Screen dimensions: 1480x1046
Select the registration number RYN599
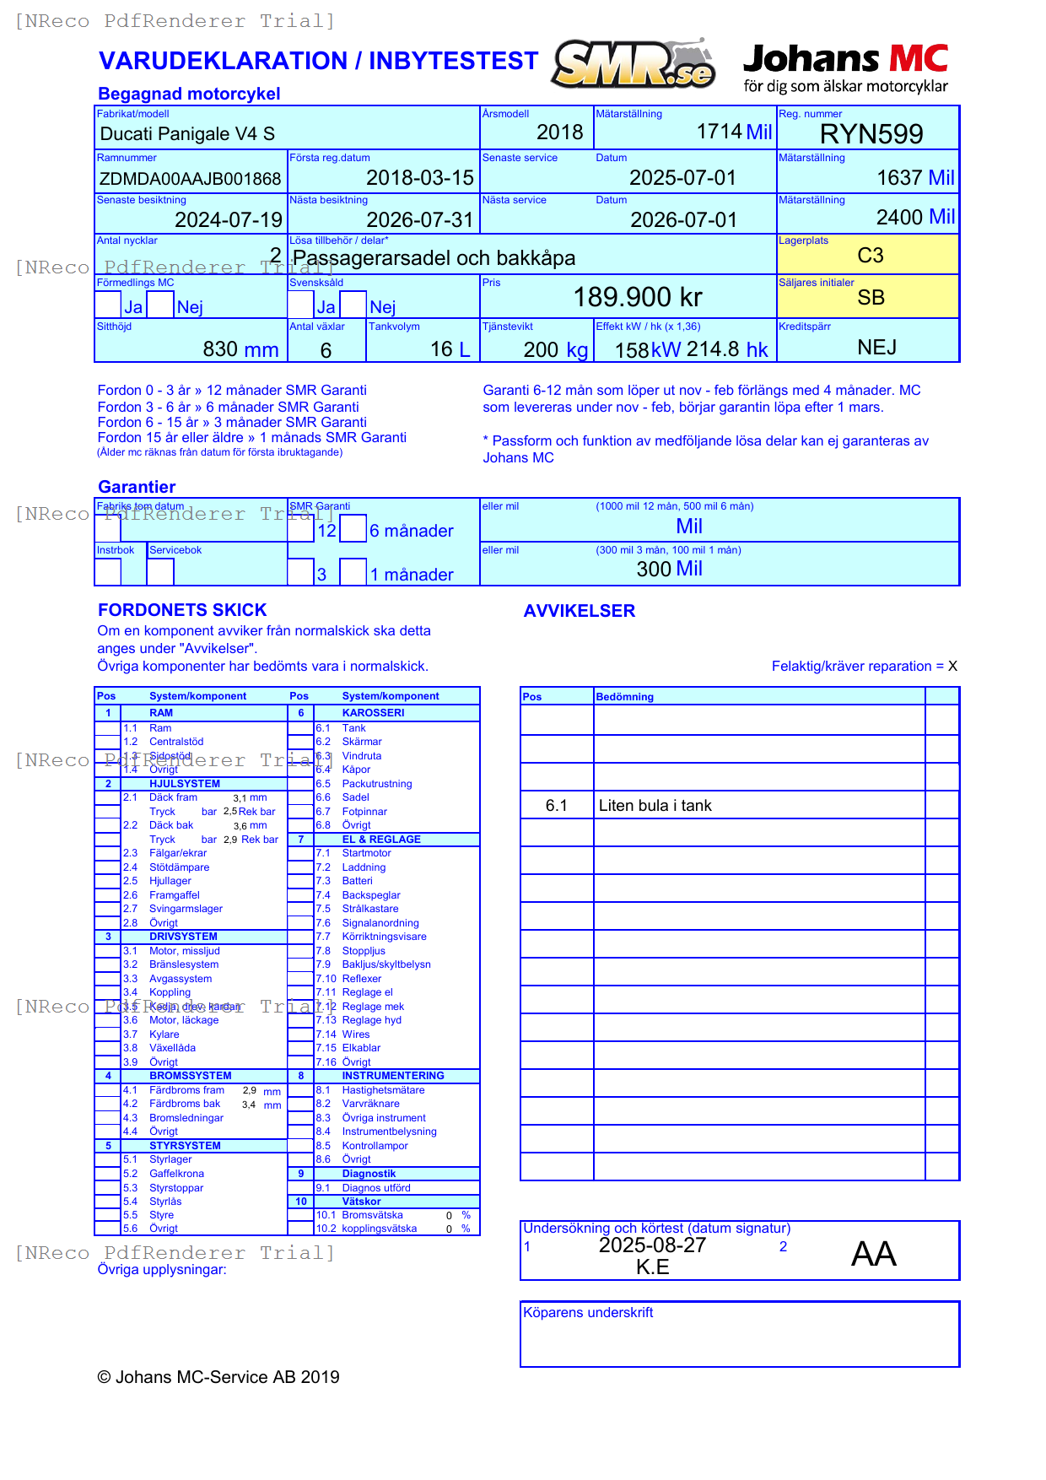(x=871, y=134)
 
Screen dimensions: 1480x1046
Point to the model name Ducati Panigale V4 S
(x=187, y=134)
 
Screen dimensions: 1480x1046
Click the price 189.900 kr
(x=638, y=297)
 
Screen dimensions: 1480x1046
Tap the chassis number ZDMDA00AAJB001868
(x=191, y=179)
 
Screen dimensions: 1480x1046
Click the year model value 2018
(x=559, y=132)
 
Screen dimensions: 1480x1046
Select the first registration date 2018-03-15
(x=420, y=178)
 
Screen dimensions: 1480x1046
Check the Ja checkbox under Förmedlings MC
(x=108, y=305)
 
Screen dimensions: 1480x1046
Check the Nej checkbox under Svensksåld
(x=353, y=305)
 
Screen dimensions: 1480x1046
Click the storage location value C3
(x=870, y=256)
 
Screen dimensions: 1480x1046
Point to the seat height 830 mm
(x=240, y=349)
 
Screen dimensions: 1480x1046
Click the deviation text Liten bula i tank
(x=655, y=806)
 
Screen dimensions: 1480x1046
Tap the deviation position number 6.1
(x=556, y=806)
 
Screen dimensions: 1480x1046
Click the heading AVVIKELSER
(x=579, y=611)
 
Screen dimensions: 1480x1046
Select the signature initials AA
(x=873, y=1254)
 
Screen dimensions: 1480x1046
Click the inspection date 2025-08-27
(x=652, y=1245)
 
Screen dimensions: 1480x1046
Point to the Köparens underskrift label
(x=588, y=1313)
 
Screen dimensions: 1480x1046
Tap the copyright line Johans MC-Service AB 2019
(x=218, y=1377)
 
